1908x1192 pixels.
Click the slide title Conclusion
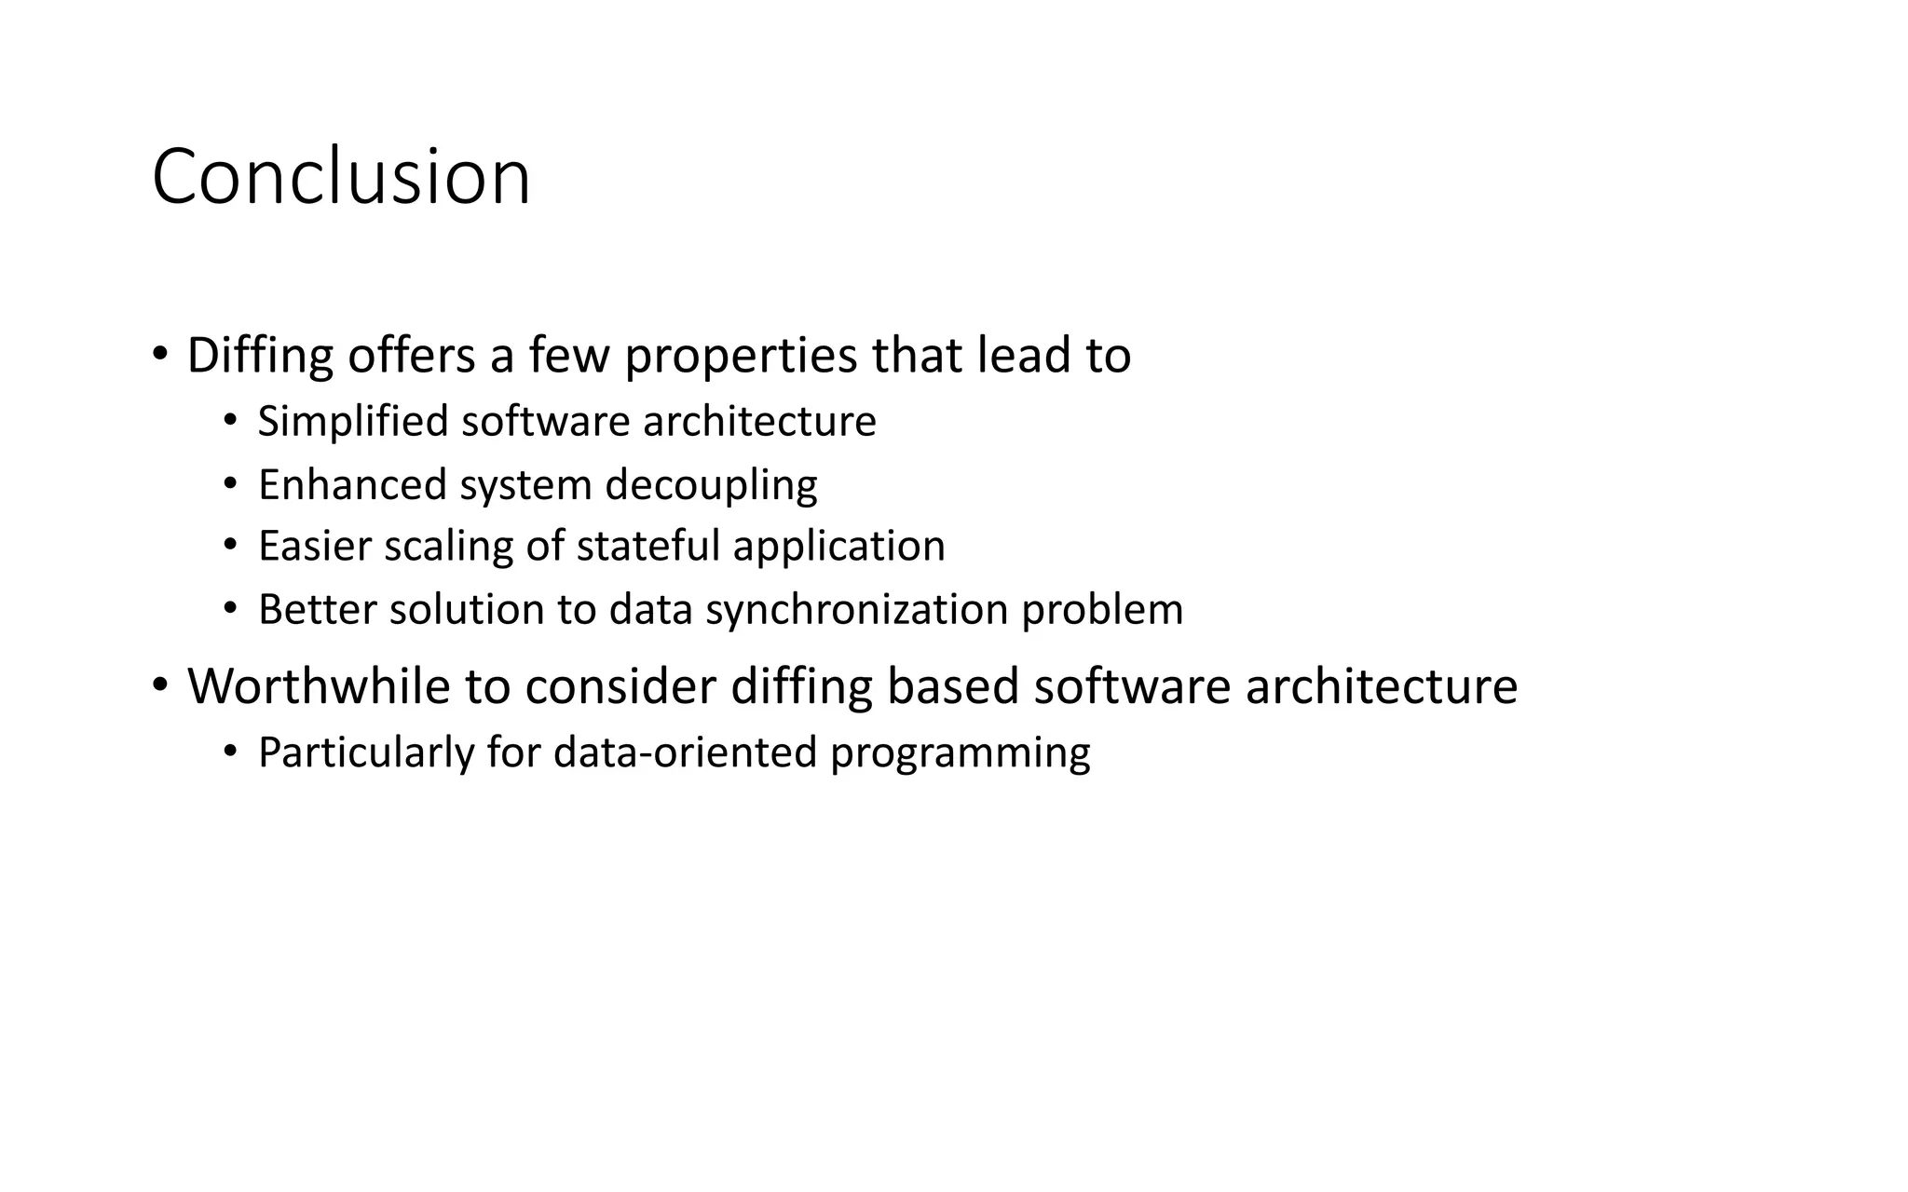coord(341,177)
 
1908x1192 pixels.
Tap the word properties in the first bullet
coord(741,356)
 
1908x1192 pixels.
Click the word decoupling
coord(711,486)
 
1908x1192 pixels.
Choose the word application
coord(838,548)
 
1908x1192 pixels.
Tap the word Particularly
coord(366,753)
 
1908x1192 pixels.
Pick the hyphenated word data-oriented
coord(685,752)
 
